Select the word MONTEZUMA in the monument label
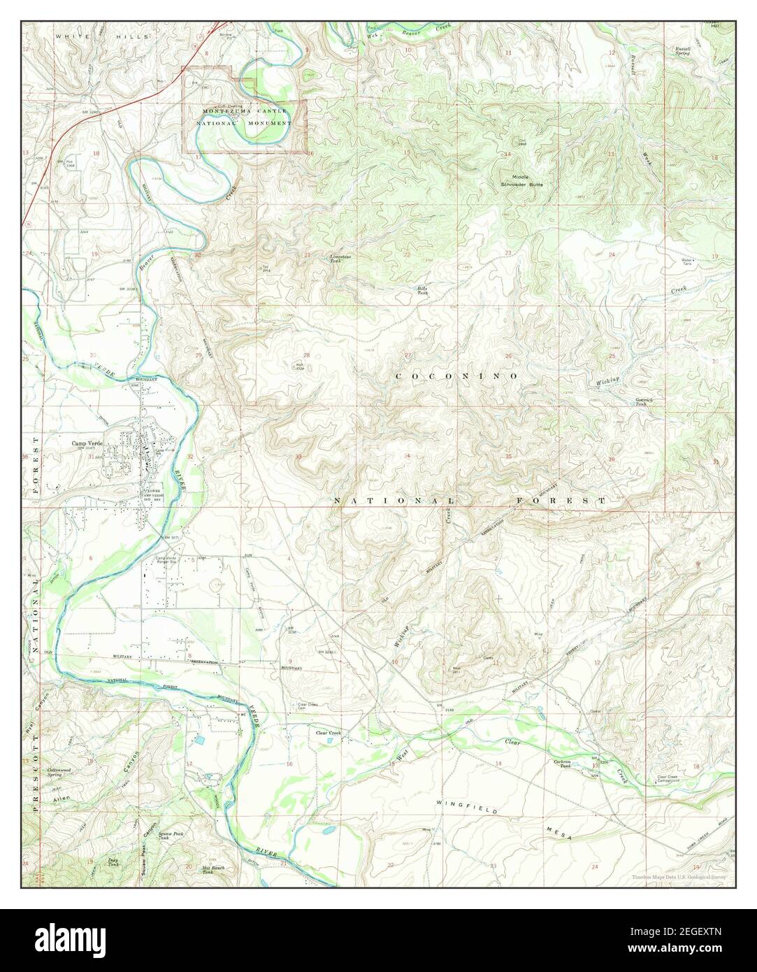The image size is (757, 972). point(227,111)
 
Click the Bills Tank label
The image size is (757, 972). point(422,290)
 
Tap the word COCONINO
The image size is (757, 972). point(456,376)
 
